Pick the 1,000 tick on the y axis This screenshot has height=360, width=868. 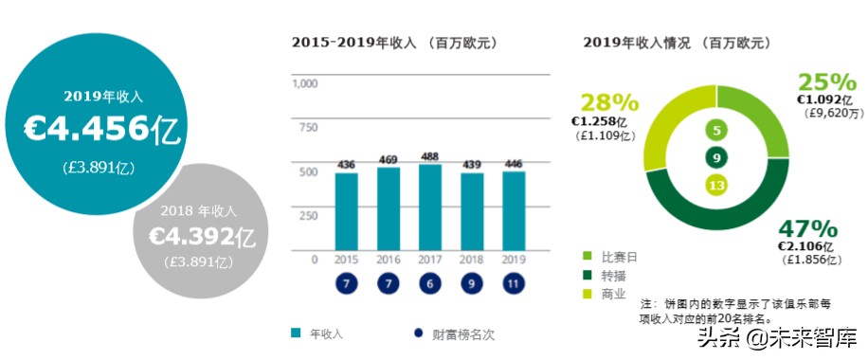click(x=305, y=84)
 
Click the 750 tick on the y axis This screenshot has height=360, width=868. click(x=308, y=128)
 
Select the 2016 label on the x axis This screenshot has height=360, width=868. click(x=389, y=259)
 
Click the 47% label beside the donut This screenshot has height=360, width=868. click(x=807, y=228)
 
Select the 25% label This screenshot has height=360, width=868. click(x=826, y=82)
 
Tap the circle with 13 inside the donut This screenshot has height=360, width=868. click(x=716, y=185)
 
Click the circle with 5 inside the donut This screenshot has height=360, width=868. click(x=716, y=131)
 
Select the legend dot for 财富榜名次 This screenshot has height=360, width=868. click(x=418, y=333)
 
